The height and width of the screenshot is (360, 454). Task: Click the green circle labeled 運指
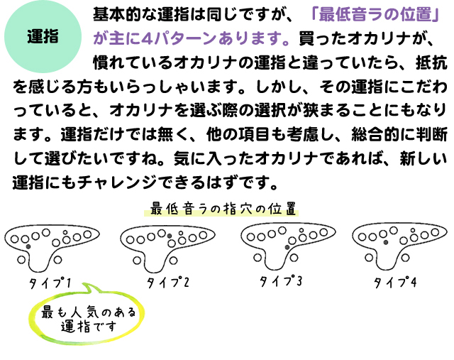coord(43,37)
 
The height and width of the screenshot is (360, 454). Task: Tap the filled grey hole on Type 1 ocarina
coord(28,246)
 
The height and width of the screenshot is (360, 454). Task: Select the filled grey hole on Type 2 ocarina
coord(170,236)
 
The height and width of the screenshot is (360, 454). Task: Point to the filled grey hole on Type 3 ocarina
coord(287,247)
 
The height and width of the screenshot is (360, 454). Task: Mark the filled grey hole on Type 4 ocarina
coord(385,242)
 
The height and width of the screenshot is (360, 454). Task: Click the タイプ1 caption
coord(50,283)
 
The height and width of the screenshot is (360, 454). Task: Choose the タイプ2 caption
coord(168,282)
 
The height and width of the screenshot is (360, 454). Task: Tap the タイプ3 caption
coord(280,280)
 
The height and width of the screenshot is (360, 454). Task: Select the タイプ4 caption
coord(395,282)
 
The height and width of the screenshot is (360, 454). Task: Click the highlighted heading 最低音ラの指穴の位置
coord(223,209)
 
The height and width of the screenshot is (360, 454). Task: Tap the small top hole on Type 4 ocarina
coord(413,231)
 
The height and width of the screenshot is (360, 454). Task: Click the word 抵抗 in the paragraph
coord(431,62)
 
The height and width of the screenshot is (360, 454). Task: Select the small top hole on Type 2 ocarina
coord(181,233)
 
